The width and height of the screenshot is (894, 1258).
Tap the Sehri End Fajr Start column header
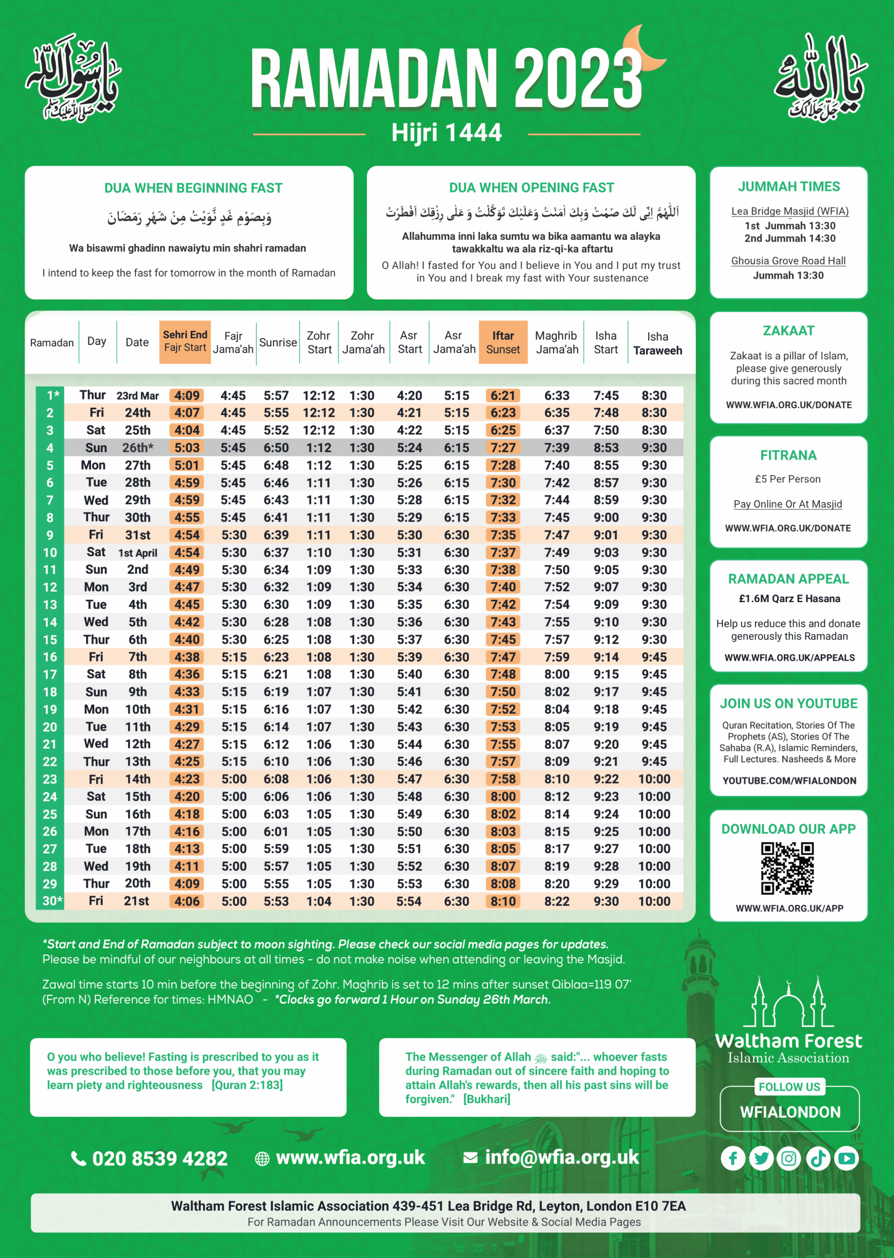coord(185,341)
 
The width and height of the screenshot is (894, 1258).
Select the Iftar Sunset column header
coord(503,342)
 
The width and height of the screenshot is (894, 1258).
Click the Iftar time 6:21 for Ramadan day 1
coord(503,395)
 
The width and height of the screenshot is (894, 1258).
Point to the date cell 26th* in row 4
coord(138,447)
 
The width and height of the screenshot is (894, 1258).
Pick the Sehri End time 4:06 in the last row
coord(187,901)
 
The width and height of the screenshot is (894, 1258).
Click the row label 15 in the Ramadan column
coord(50,639)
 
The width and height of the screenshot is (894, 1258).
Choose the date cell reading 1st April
coord(138,552)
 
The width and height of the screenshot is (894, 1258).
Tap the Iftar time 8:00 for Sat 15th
coord(503,796)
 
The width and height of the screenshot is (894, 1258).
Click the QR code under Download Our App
coord(787,868)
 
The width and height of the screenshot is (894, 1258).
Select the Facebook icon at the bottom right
coord(733,1158)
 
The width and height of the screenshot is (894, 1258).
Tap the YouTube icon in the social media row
coord(846,1158)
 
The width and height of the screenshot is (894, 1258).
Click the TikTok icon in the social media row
coord(818,1158)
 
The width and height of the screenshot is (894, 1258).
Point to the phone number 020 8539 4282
coord(160,1158)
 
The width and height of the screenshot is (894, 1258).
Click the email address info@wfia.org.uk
coord(561,1157)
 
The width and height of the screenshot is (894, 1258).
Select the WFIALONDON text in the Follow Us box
coord(790,1112)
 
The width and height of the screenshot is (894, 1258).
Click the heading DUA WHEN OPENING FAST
coord(531,188)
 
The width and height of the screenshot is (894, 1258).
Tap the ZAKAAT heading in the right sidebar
coord(788,331)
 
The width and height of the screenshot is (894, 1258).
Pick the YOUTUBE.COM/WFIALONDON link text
coord(789,780)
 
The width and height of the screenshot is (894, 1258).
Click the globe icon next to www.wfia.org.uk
coord(262,1158)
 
